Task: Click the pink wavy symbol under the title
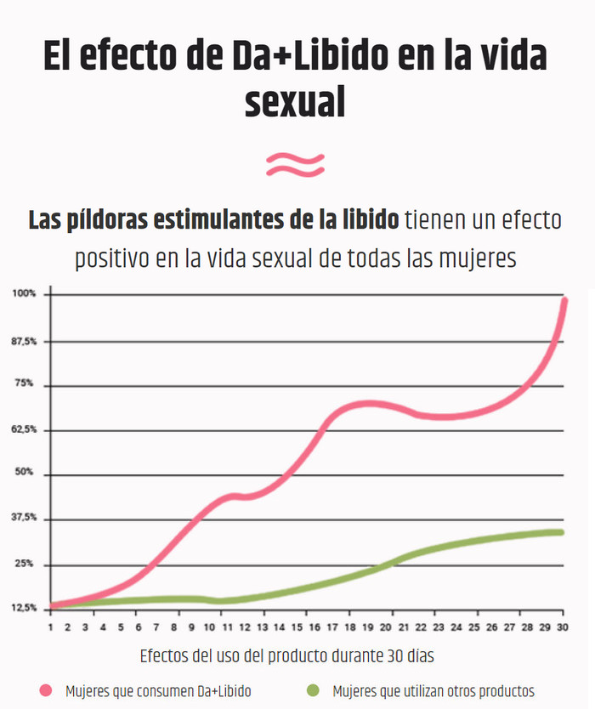[x=295, y=163]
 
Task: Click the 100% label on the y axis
[x=24, y=293]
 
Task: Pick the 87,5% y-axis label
[x=24, y=341]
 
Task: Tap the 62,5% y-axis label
[x=24, y=430]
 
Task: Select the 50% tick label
[x=24, y=473]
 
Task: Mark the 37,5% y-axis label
[x=24, y=518]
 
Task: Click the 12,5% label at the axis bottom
[x=24, y=609]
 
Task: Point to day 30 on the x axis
[x=562, y=627]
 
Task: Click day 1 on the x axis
[x=50, y=627]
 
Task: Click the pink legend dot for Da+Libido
[x=46, y=690]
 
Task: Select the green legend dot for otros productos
[x=314, y=690]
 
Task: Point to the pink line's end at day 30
[x=564, y=299]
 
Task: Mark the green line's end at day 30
[x=561, y=533]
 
